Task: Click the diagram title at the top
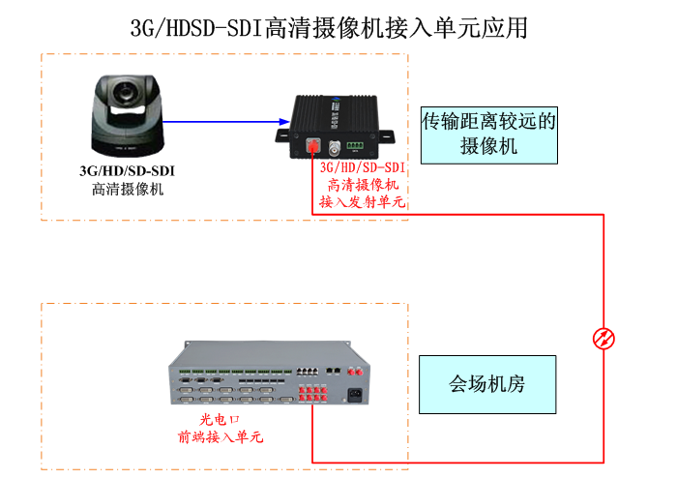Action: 329,27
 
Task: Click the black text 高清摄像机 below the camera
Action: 128,189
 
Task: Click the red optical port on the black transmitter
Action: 313,147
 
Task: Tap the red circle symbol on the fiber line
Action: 603,338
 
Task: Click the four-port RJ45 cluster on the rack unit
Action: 308,370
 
